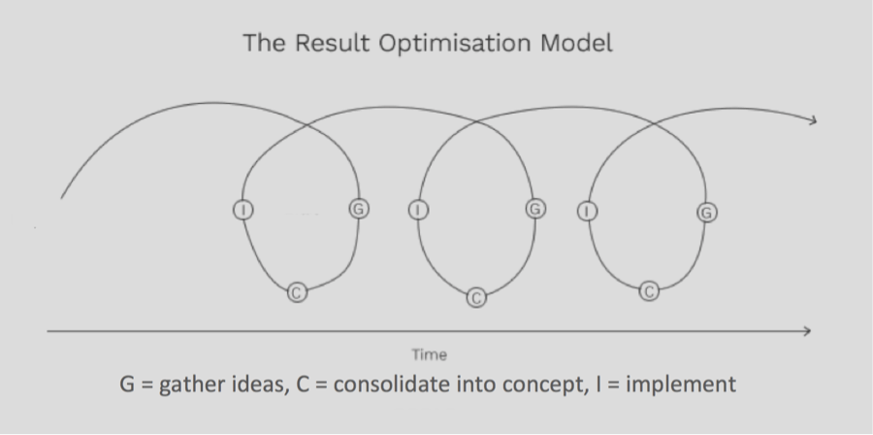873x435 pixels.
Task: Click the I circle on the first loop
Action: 242,209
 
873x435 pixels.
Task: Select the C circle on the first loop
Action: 299,290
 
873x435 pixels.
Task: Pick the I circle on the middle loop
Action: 418,210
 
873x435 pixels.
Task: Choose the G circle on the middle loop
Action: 533,209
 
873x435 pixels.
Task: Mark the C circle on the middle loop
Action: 475,297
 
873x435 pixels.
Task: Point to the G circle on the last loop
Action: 706,212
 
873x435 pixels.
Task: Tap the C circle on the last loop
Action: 650,289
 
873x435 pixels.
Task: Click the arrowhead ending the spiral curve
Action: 812,121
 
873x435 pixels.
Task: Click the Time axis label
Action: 429,355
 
